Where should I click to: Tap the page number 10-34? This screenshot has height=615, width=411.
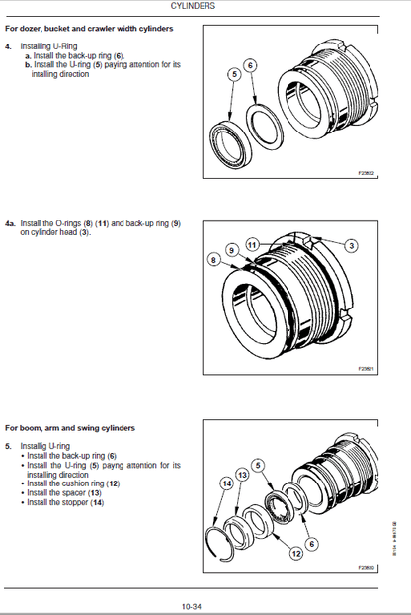pyautogui.click(x=192, y=606)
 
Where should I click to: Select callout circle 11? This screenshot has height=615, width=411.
pyautogui.click(x=253, y=243)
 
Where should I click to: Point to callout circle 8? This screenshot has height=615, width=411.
pyautogui.click(x=212, y=259)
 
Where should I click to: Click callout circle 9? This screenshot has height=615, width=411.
pyautogui.click(x=233, y=251)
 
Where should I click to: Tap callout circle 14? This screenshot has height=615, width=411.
pyautogui.click(x=226, y=483)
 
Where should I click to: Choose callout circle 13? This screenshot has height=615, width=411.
pyautogui.click(x=242, y=476)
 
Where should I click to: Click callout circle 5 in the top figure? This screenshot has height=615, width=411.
pyautogui.click(x=234, y=73)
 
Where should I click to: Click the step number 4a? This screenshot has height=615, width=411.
pyautogui.click(x=10, y=224)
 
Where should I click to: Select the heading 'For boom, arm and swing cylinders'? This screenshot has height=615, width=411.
pyautogui.click(x=70, y=428)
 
